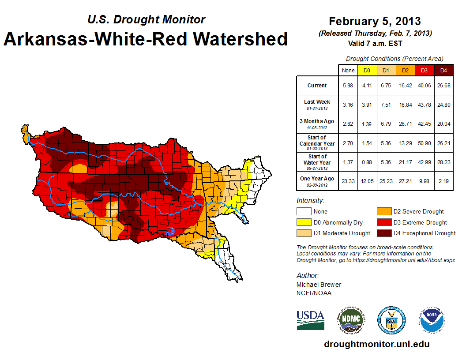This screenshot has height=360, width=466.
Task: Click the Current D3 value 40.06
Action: [424, 86]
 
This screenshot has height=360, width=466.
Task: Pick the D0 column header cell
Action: [367, 70]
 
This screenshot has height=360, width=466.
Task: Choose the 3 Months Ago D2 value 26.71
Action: [405, 124]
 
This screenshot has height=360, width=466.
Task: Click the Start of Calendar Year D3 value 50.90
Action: [424, 143]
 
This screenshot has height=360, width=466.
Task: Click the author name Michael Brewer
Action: [319, 285]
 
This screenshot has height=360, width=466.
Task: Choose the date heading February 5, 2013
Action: [375, 21]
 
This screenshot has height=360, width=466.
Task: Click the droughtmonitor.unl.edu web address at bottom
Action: [376, 344]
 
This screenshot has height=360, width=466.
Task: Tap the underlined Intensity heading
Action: [310, 201]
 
